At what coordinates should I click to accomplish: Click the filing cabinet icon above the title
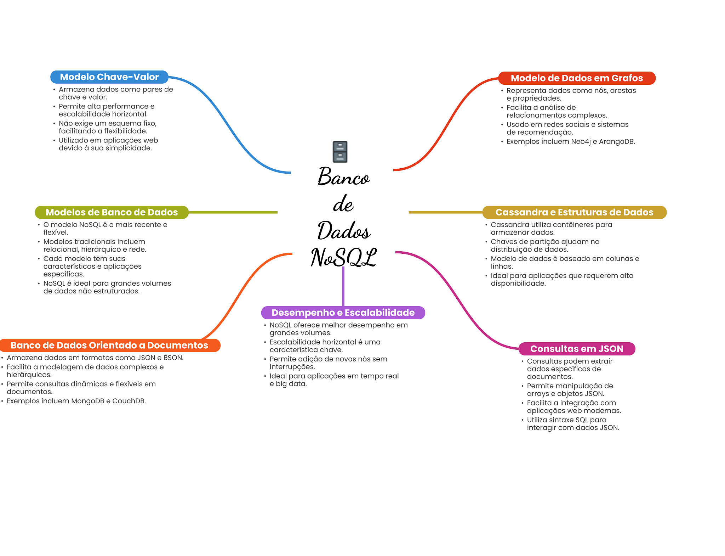[340, 152]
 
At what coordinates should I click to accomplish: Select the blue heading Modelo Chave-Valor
[109, 77]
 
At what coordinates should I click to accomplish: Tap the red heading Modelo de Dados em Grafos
[576, 78]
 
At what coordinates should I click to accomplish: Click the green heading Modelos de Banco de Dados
[112, 212]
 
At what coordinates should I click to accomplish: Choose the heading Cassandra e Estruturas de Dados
[574, 212]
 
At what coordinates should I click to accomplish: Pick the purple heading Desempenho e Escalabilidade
[343, 313]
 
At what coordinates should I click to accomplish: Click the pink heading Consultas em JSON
[576, 349]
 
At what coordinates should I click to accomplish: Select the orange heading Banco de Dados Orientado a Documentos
[109, 345]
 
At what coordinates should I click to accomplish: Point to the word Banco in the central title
[343, 176]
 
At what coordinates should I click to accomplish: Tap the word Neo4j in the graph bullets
[581, 142]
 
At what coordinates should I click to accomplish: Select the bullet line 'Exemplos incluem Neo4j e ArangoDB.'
[570, 142]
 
